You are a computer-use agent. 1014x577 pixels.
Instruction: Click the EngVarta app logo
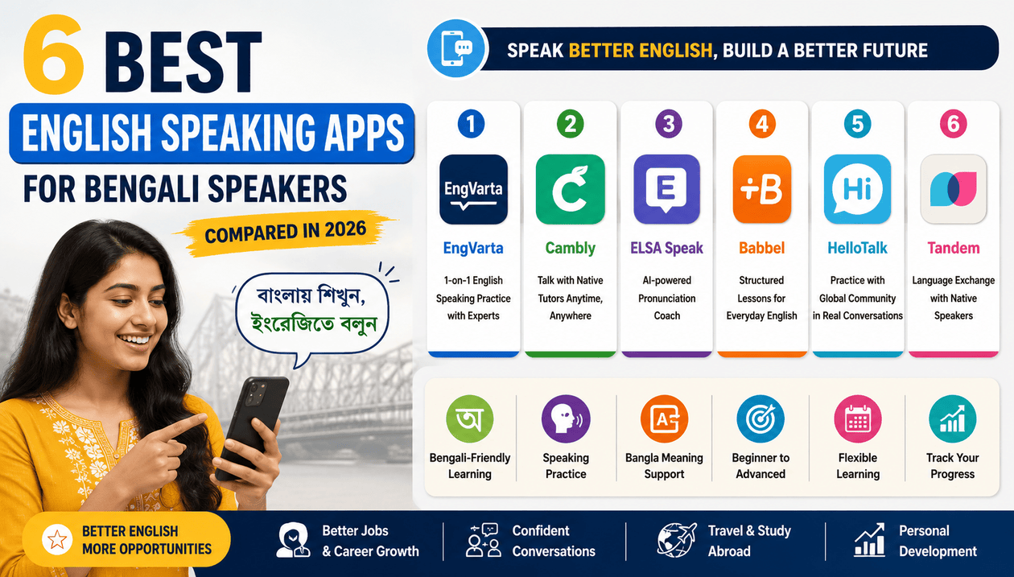point(473,189)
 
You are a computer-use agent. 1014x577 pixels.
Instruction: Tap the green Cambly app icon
point(570,189)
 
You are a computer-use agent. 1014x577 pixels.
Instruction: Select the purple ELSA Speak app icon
point(666,189)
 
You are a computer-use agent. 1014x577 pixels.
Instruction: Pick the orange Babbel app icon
point(762,189)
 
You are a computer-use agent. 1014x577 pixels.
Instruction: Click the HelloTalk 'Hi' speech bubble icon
point(857,189)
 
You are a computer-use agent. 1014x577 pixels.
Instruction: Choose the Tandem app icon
point(954,189)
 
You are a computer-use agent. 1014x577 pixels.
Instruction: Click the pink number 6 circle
point(954,124)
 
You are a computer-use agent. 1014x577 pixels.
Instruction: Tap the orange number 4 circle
point(762,124)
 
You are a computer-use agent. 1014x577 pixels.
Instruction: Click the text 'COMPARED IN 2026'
point(285,233)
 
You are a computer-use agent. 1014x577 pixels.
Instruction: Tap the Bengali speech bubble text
point(312,310)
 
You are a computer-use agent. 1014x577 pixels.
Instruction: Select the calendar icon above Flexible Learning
point(857,418)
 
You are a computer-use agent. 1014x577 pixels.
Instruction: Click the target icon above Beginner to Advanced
point(760,418)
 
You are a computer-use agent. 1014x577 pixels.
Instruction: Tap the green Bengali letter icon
point(469,418)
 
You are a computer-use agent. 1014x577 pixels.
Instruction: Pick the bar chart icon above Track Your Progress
point(953,418)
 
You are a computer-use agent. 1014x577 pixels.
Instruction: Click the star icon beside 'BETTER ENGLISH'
point(57,539)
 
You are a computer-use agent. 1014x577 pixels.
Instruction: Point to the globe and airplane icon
point(677,539)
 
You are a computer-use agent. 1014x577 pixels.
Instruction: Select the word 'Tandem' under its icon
point(954,248)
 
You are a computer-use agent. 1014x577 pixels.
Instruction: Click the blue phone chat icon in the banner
point(457,48)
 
